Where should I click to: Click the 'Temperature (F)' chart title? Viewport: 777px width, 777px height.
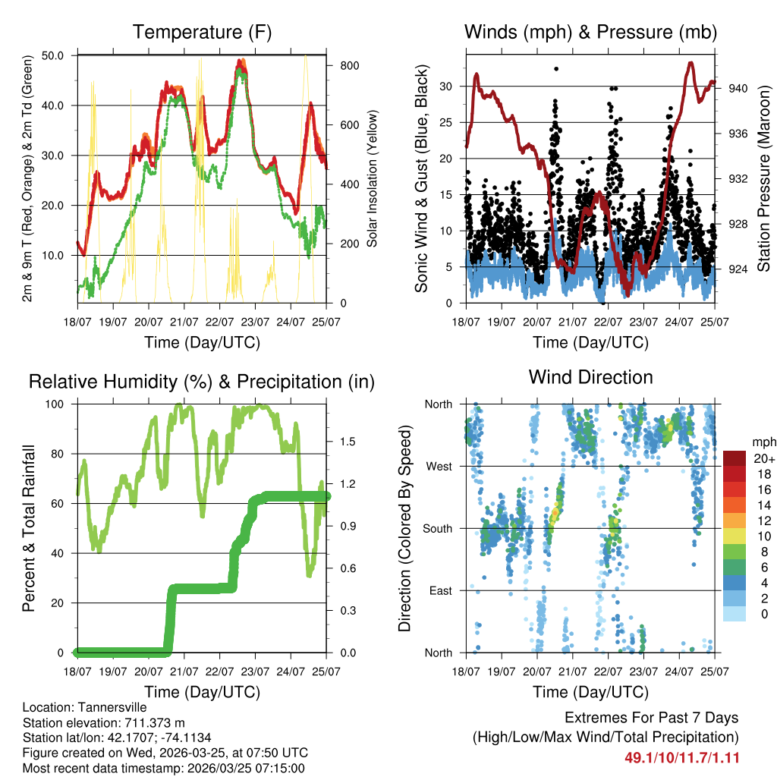point(202,32)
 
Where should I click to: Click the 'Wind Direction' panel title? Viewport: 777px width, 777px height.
point(590,376)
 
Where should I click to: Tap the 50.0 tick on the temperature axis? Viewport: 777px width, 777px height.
point(54,55)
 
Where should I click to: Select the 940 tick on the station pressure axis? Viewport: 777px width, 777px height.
point(738,88)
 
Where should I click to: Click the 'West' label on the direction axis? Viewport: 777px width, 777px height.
point(438,466)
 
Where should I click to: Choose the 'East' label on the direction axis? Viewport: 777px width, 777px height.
point(439,590)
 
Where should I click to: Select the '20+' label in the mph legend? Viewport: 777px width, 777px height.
point(763,458)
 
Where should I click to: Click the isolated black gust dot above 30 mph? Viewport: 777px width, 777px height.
point(556,69)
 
